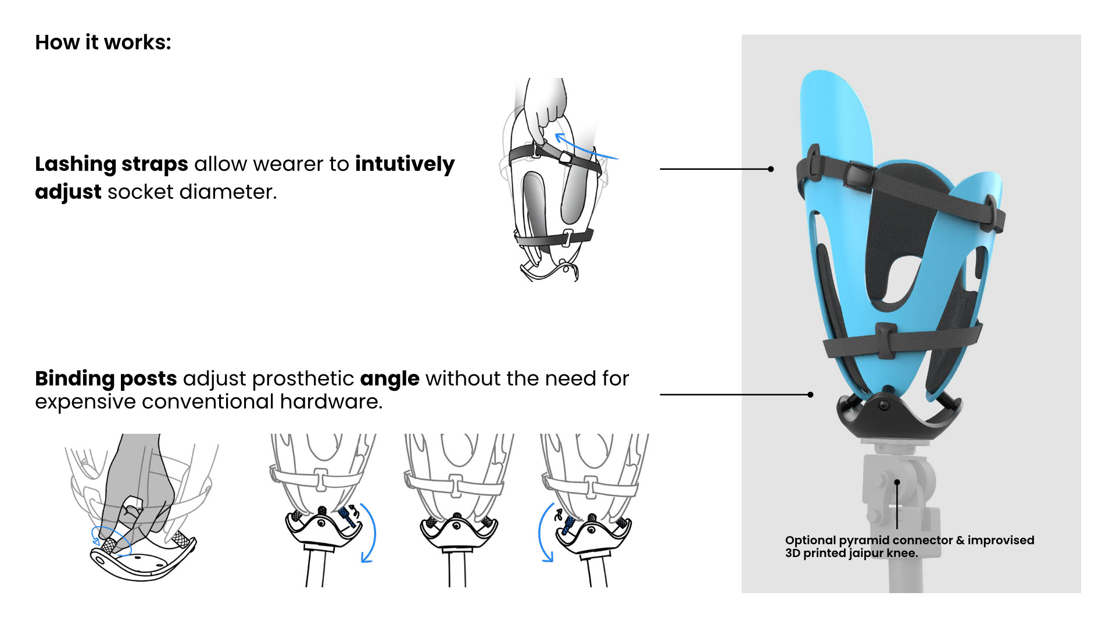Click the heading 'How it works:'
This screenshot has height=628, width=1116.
[x=103, y=42]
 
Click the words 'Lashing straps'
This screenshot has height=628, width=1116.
[x=111, y=164]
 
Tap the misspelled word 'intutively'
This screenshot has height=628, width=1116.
[x=405, y=164]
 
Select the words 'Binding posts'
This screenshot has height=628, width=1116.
[x=106, y=379]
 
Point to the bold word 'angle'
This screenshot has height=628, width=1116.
[x=389, y=379]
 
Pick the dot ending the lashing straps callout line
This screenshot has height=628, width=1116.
[x=771, y=169]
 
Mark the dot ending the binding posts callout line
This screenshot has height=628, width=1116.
[x=810, y=395]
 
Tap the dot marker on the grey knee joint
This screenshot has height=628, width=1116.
[x=897, y=482]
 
